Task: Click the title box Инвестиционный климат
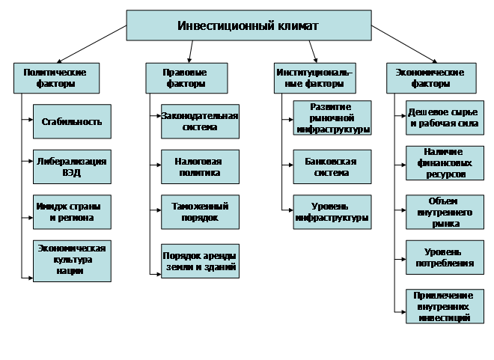pos(248,25)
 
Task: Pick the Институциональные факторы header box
pos(314,78)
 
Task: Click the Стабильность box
pos(72,121)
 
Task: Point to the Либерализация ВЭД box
pos(72,166)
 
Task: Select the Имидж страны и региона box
pos(72,211)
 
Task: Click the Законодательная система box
pos(199,121)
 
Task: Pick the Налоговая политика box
pos(199,167)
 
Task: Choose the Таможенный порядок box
pos(199,212)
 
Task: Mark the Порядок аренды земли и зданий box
pos(199,260)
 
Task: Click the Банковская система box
pos(332,167)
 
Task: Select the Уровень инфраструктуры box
pos(332,212)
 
